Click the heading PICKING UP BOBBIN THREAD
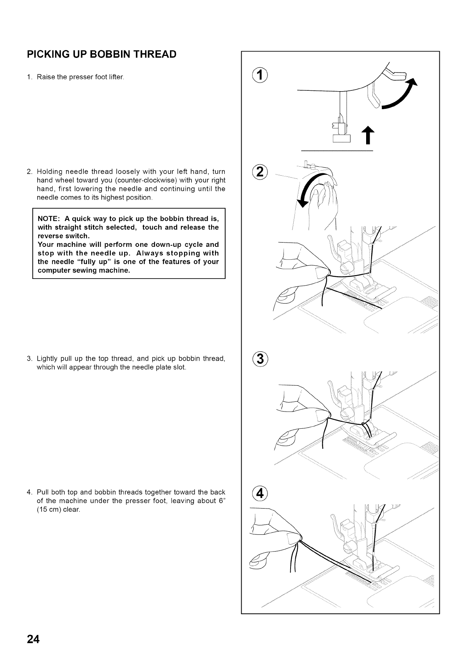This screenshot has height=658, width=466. [101, 54]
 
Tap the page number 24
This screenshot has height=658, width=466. [33, 639]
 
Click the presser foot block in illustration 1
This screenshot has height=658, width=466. [341, 138]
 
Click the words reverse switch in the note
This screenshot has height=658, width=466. [63, 236]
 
